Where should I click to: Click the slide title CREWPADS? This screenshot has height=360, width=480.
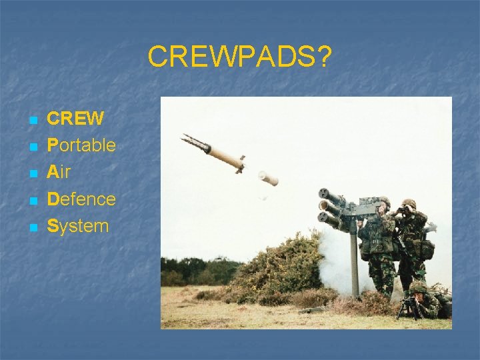(x=239, y=57)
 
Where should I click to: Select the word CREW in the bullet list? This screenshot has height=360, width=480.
(x=75, y=119)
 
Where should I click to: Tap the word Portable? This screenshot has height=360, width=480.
(x=81, y=145)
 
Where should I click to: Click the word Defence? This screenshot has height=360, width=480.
(x=81, y=199)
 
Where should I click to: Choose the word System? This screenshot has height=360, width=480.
(x=77, y=225)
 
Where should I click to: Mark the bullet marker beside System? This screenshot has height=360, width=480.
(x=31, y=227)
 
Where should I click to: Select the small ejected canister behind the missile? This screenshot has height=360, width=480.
(x=268, y=178)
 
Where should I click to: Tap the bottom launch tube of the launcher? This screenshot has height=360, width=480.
(x=330, y=219)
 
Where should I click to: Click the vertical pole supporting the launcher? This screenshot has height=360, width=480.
(x=354, y=260)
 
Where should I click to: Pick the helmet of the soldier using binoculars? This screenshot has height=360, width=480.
(x=408, y=204)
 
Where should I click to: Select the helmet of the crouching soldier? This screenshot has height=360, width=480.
(x=418, y=287)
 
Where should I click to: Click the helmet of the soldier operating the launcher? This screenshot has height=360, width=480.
(x=383, y=201)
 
